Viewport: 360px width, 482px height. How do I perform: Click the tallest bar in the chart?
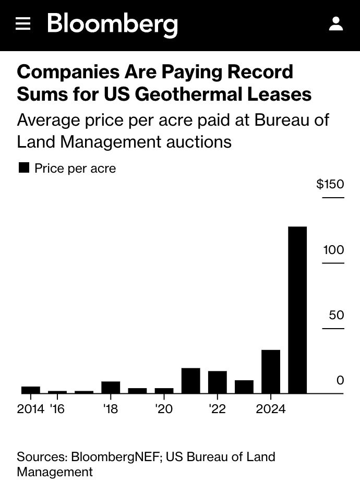coord(297,310)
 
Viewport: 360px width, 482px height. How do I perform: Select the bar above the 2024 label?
coord(271,371)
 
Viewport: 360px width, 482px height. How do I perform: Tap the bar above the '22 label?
coord(218,382)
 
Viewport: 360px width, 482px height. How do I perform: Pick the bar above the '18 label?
coord(111,387)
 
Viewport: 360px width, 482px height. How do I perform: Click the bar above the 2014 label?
coord(31,390)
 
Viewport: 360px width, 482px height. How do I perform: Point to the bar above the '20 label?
coord(164,391)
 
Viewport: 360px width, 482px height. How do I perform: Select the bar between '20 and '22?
coord(190,381)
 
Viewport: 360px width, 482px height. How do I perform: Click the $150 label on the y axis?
coord(330,184)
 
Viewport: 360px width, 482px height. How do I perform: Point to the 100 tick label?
coord(333,249)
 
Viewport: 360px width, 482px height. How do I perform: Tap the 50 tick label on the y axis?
coord(337,315)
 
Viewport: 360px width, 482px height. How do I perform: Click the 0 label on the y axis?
coord(340,380)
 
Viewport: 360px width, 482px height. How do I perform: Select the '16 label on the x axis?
coord(57,409)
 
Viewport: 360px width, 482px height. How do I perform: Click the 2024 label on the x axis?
coord(271,409)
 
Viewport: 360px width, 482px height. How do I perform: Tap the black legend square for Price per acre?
coord(23,168)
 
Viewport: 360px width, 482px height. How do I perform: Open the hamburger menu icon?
coord(23,23)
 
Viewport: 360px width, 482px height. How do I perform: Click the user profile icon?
coord(335,23)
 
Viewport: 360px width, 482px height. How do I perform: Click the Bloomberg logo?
coord(113,25)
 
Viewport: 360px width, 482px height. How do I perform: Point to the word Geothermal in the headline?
coord(188,94)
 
